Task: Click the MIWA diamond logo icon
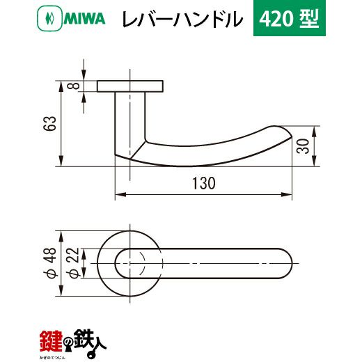tap(49, 18)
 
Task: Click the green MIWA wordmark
tap(84, 19)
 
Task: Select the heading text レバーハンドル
tap(182, 19)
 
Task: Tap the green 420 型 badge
tap(290, 18)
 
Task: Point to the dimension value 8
tap(73, 86)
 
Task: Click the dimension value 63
tap(51, 123)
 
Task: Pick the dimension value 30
tap(304, 146)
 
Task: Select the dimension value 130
tap(204, 183)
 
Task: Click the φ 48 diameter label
tap(50, 263)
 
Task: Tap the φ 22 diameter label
tap(73, 263)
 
